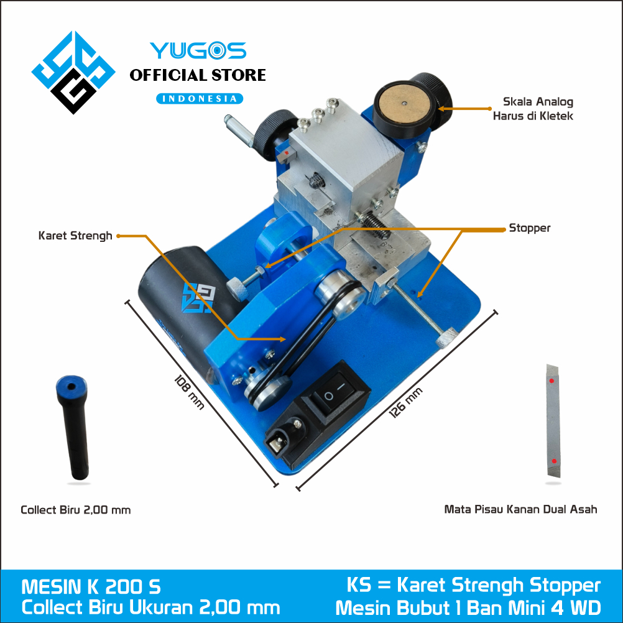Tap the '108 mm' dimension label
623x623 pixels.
click(x=189, y=392)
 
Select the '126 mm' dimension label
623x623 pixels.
click(x=405, y=402)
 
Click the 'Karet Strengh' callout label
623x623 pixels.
click(x=75, y=236)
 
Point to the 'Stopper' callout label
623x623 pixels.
click(x=530, y=228)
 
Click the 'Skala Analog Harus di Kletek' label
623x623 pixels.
click(x=533, y=108)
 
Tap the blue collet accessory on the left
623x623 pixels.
click(x=72, y=427)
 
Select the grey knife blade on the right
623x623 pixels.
click(x=553, y=421)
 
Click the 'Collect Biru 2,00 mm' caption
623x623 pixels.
click(x=75, y=510)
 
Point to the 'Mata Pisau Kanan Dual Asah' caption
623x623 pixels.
click(x=520, y=509)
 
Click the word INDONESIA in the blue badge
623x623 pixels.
click(x=200, y=98)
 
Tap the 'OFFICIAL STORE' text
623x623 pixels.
click(x=198, y=75)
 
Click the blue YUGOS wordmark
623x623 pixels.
click(x=198, y=50)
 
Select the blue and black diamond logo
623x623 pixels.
click(x=73, y=72)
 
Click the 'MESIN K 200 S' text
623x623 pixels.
click(x=91, y=587)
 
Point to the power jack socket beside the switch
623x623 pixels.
click(x=286, y=435)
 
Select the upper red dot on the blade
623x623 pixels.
click(x=551, y=381)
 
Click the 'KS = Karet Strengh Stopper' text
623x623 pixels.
click(x=473, y=585)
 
